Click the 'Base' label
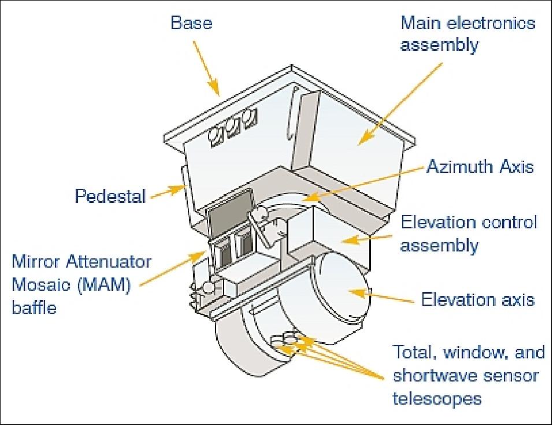coord(191,23)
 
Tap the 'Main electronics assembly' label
coord(468,34)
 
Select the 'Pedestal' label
coord(109,197)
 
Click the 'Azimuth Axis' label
coord(480,167)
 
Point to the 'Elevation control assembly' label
coord(469,234)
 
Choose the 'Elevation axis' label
coord(477,299)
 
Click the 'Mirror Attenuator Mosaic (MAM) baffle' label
coord(81,284)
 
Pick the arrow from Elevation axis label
coord(382,297)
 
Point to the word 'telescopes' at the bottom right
coord(437,398)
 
